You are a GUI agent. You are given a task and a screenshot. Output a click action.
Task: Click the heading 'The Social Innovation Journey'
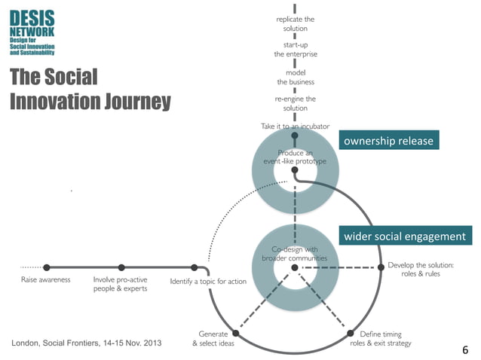[x=90, y=89]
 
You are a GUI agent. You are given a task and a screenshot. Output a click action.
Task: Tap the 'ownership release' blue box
[x=388, y=141]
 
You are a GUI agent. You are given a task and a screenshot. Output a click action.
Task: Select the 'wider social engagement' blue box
[x=405, y=237]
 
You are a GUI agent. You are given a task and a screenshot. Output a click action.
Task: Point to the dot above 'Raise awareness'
[x=47, y=267]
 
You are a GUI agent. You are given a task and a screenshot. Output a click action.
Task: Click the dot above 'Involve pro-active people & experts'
[x=121, y=267]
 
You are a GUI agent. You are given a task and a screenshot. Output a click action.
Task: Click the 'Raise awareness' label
[x=46, y=279]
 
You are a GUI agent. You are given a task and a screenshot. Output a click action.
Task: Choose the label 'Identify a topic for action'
[x=208, y=282]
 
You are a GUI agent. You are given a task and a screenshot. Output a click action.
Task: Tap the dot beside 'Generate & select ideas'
[x=236, y=333]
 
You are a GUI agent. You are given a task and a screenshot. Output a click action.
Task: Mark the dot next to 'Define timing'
[x=351, y=333]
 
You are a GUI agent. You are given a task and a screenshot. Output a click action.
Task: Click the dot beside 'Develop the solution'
[x=378, y=267]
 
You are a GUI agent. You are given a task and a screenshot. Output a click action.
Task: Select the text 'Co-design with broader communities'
[x=295, y=254]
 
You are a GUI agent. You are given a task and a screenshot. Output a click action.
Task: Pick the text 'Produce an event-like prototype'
[x=295, y=157]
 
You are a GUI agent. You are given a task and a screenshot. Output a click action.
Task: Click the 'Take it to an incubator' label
[x=295, y=127]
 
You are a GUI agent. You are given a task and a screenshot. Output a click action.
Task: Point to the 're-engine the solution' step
[x=295, y=103]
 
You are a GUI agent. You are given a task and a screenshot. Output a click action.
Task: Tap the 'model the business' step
[x=295, y=77]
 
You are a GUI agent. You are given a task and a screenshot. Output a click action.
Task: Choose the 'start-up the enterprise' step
[x=295, y=50]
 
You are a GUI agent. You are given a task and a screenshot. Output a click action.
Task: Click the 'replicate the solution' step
[x=295, y=23]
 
